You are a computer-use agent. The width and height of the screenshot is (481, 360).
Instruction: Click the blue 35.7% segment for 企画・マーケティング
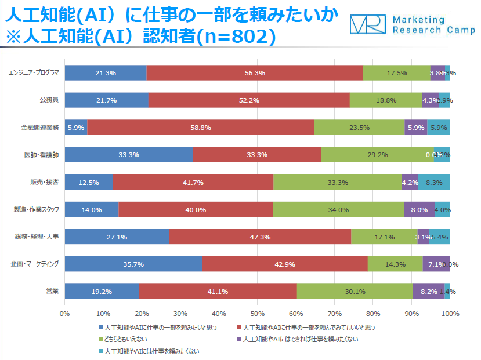point(133,264)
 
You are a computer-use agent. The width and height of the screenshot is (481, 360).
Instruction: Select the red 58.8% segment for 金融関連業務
point(200,128)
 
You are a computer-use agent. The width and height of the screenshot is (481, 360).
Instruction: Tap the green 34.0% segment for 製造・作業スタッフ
point(338,210)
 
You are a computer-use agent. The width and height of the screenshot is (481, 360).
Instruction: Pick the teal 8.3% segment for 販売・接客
point(434,183)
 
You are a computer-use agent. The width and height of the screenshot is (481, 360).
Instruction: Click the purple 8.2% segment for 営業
point(428,292)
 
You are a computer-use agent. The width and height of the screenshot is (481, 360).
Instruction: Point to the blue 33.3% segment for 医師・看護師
point(128,155)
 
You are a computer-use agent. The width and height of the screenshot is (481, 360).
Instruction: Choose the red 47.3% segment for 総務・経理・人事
point(260,237)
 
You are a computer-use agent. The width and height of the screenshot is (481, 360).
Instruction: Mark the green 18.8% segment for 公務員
point(386,100)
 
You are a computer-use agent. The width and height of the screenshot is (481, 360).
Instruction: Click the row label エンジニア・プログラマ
point(34,73)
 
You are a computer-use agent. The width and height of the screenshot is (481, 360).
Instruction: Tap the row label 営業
point(52,292)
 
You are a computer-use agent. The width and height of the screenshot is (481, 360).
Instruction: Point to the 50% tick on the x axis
point(257,314)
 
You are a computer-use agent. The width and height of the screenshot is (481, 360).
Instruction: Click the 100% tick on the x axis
point(450,314)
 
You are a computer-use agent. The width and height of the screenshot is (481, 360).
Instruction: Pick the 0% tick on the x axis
point(64,314)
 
